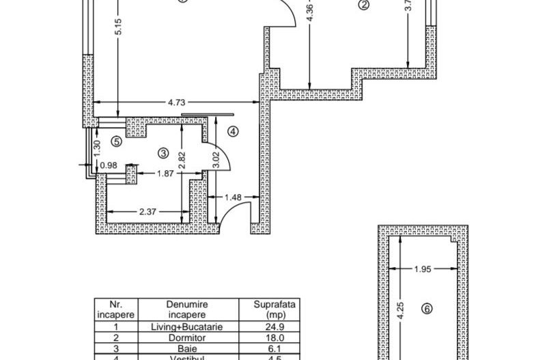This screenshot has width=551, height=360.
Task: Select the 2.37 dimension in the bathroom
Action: coord(149,212)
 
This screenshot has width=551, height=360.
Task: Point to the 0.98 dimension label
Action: coord(109,165)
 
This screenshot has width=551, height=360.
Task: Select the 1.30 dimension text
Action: coord(97,146)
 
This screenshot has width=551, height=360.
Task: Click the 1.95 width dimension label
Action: coord(423,268)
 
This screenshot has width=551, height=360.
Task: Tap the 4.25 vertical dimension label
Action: coord(403,311)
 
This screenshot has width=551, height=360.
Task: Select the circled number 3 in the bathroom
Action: coord(163,152)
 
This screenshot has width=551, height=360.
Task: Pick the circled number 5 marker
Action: coord(116,141)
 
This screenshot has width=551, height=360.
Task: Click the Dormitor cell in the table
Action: coord(186,337)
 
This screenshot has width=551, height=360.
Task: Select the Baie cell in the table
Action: coord(186,346)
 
